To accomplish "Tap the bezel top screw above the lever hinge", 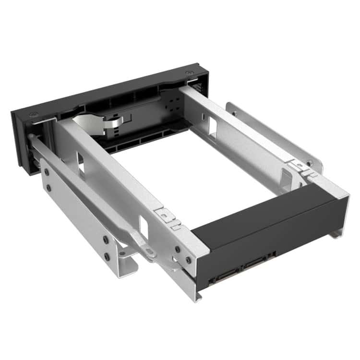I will (32, 115).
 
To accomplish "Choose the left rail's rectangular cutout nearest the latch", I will (143, 225).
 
